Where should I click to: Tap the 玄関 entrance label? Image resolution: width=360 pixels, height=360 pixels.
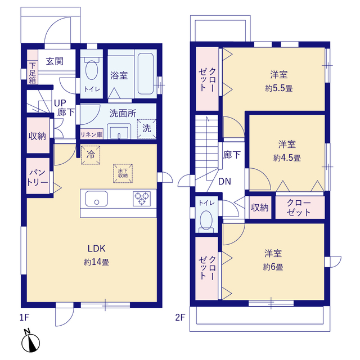coord(54,61)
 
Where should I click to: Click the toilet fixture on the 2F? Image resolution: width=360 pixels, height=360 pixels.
coord(206,219)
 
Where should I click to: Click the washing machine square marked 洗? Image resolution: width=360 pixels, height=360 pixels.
coord(146,128)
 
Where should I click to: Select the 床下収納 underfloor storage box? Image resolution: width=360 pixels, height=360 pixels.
coord(122,173)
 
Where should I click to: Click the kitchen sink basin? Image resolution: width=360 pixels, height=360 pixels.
coord(96,199)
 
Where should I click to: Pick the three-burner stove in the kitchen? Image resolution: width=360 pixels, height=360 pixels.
coord(142,199)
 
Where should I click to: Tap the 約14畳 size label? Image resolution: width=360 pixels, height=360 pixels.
coord(97,262)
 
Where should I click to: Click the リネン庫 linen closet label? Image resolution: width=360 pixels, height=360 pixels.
coord(91,134)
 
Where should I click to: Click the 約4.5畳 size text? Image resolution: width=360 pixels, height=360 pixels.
coord(287,157)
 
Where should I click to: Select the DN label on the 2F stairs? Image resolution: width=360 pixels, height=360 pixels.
coord(225,182)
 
